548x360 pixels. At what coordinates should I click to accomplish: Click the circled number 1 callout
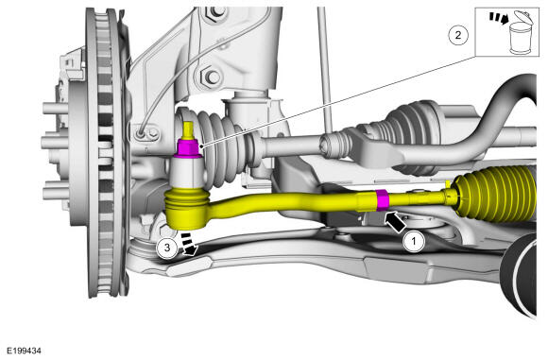click(x=414, y=241)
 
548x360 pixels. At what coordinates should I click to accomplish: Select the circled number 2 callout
click(x=458, y=35)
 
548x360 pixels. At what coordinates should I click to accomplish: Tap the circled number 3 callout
click(x=167, y=248)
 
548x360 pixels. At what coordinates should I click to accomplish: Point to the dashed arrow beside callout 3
click(x=189, y=244)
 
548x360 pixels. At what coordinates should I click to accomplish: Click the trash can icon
click(x=521, y=33)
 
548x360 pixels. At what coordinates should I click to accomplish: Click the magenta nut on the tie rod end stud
click(x=188, y=148)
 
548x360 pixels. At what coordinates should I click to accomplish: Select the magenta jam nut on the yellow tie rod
click(x=383, y=200)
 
